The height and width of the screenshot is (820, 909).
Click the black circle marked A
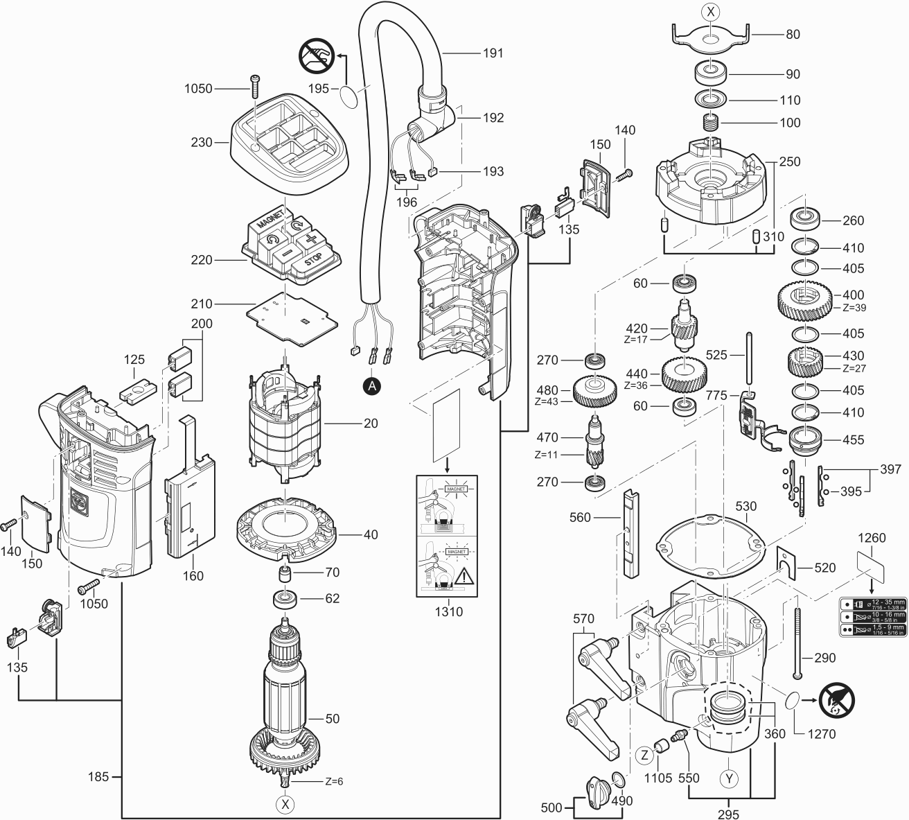373,387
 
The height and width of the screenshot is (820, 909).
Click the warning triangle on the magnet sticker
463,575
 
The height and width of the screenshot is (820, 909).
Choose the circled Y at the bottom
728,778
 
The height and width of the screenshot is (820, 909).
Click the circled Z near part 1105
644,754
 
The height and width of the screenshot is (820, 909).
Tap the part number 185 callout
98,777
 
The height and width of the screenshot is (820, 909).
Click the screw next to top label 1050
254,88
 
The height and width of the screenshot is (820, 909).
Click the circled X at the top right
710,12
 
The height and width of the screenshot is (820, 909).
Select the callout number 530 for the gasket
745,507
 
